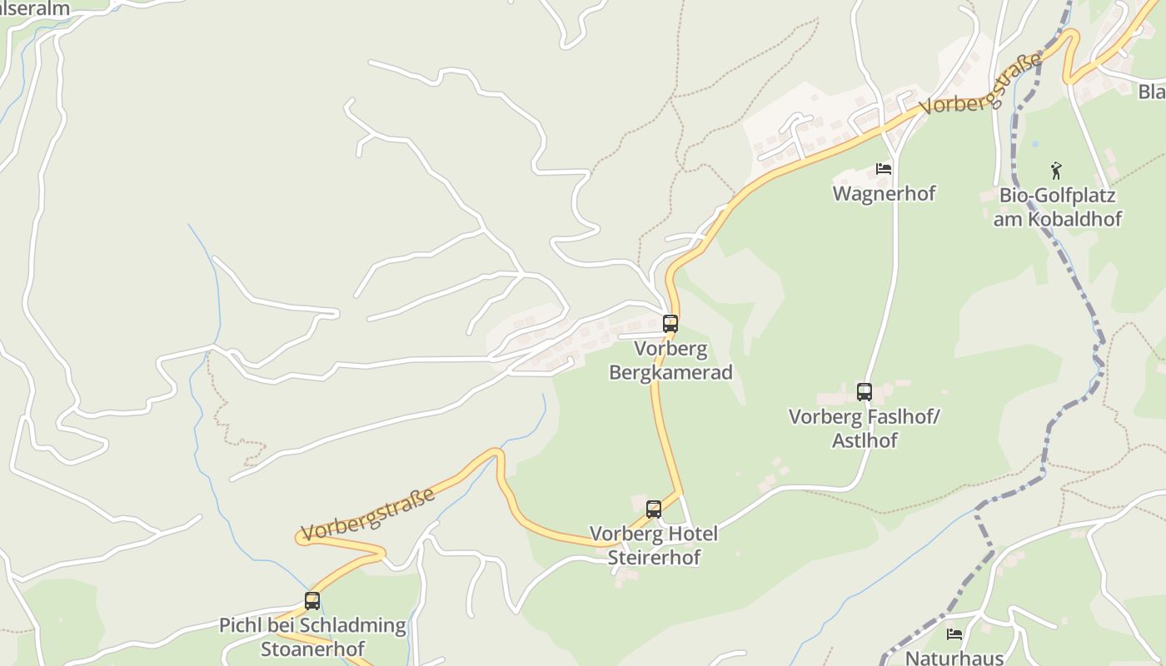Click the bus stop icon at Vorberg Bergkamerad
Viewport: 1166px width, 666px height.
(670, 324)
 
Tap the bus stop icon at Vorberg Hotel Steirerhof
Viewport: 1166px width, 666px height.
(654, 509)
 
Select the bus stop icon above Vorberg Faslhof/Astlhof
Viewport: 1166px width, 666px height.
(865, 391)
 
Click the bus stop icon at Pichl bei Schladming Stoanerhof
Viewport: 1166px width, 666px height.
(312, 600)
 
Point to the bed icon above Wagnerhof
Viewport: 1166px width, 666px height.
(884, 169)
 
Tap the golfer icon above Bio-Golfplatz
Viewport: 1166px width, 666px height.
(1056, 171)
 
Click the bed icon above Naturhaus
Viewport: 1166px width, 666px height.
(954, 634)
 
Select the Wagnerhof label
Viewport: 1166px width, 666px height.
(884, 193)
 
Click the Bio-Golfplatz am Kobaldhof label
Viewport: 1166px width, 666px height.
(1057, 207)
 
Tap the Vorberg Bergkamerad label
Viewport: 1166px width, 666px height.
(670, 360)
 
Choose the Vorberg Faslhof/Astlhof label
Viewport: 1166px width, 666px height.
(864, 428)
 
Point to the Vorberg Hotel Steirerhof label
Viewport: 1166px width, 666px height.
(654, 545)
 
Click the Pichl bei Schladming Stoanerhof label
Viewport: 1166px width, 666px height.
(312, 636)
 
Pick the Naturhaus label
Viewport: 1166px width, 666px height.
(954, 657)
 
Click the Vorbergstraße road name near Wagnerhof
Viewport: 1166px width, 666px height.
(981, 84)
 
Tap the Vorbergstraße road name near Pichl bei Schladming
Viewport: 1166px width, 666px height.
(368, 514)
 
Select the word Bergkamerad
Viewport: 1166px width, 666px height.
(670, 372)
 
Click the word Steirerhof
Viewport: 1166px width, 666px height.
(654, 557)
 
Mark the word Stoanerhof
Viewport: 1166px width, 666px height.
(312, 648)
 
